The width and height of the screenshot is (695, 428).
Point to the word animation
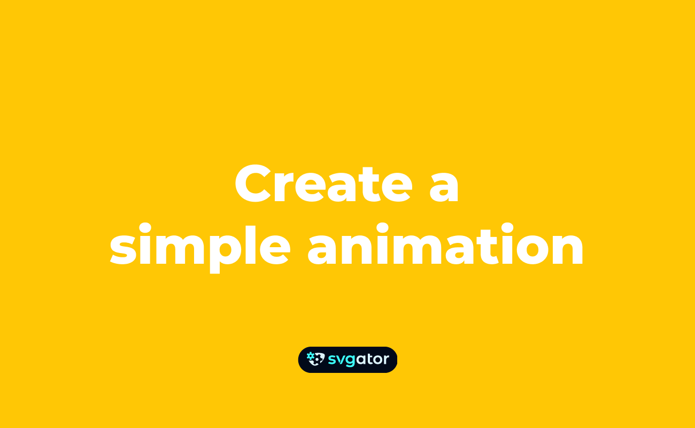[445, 246]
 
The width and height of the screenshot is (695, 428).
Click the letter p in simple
[226, 251]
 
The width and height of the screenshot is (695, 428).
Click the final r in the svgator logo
[386, 360]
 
